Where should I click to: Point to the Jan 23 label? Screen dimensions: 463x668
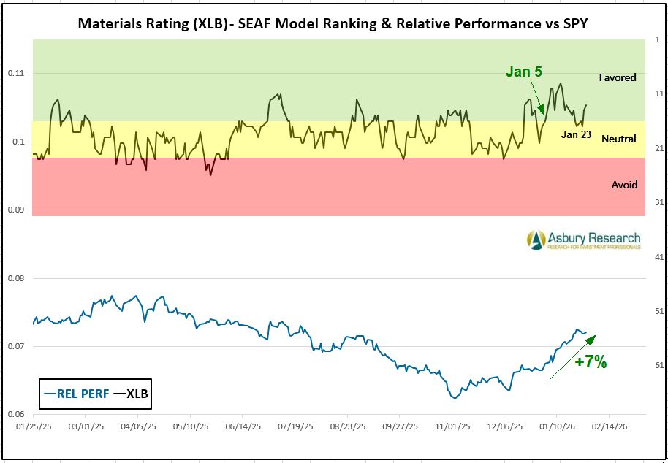click(x=576, y=134)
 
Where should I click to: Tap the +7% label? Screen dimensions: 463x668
click(x=591, y=361)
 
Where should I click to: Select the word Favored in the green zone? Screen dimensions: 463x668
click(x=618, y=77)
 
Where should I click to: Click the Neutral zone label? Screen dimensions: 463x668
click(x=618, y=139)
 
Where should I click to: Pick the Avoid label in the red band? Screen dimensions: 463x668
click(x=624, y=185)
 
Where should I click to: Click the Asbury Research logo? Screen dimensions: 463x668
click(x=584, y=240)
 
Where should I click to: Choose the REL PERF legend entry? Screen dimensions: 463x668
click(x=76, y=394)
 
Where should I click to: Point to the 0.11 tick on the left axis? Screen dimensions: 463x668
click(x=16, y=73)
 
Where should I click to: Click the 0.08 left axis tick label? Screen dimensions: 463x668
click(x=16, y=278)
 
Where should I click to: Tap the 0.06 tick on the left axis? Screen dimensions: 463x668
click(x=16, y=414)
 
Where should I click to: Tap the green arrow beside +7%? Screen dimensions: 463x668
click(x=572, y=357)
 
